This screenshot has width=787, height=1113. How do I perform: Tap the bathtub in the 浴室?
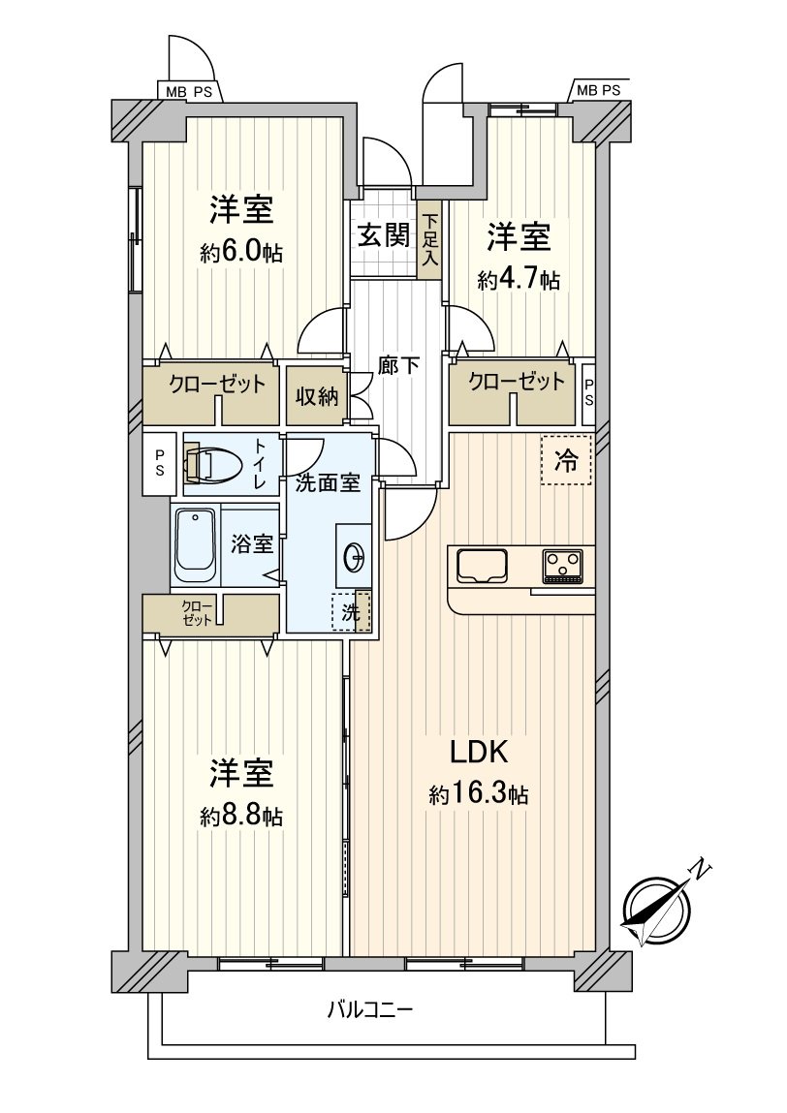click(196, 544)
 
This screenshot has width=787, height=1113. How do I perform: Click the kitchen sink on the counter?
click(483, 567)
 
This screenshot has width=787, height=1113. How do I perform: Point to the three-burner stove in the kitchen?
click(563, 567)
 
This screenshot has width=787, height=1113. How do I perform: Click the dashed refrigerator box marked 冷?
click(566, 459)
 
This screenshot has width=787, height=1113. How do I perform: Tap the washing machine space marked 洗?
click(352, 611)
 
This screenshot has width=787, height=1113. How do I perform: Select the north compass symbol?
click(658, 907)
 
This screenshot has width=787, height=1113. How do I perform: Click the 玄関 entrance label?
click(384, 235)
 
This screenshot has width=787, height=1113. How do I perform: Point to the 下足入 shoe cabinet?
click(429, 240)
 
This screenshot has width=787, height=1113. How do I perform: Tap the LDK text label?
click(479, 753)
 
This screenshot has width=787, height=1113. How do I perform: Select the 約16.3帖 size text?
click(479, 793)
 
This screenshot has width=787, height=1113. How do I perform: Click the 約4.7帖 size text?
click(519, 280)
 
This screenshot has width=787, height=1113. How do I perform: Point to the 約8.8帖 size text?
click(241, 816)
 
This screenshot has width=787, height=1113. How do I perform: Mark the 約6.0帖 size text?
click(241, 253)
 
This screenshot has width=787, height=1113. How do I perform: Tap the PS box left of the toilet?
click(159, 464)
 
